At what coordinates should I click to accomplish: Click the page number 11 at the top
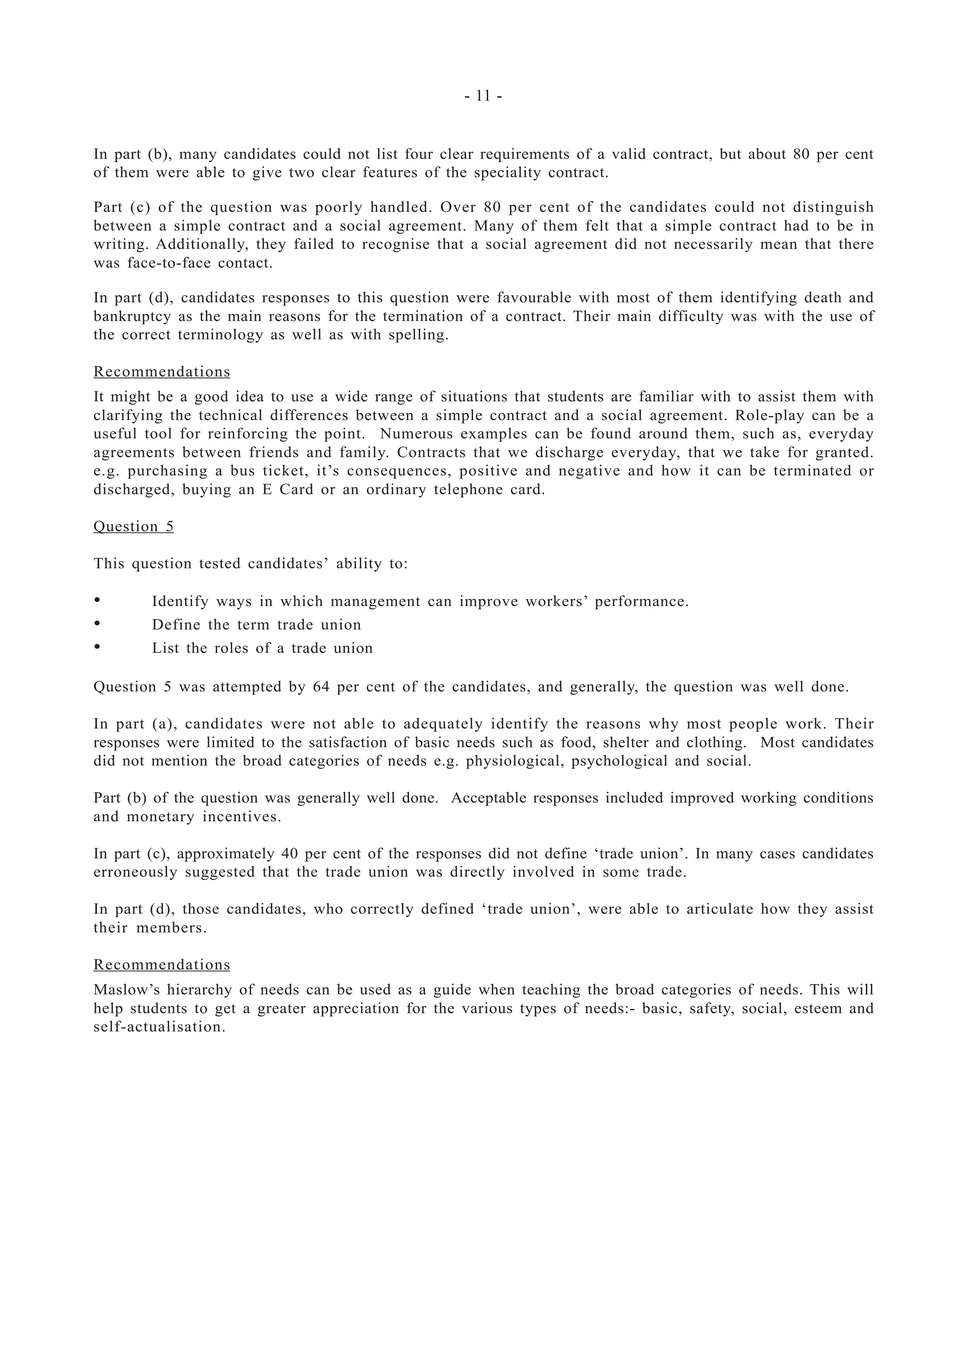point(483,96)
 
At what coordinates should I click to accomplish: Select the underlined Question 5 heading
point(134,527)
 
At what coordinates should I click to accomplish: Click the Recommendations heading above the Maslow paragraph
point(161,964)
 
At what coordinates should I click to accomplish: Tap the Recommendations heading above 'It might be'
point(161,372)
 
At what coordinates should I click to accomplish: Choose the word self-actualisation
point(159,1027)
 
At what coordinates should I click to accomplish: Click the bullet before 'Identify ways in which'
point(97,600)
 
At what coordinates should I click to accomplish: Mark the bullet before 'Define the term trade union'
point(97,624)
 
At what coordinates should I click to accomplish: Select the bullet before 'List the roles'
point(97,647)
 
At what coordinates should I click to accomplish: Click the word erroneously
point(135,872)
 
